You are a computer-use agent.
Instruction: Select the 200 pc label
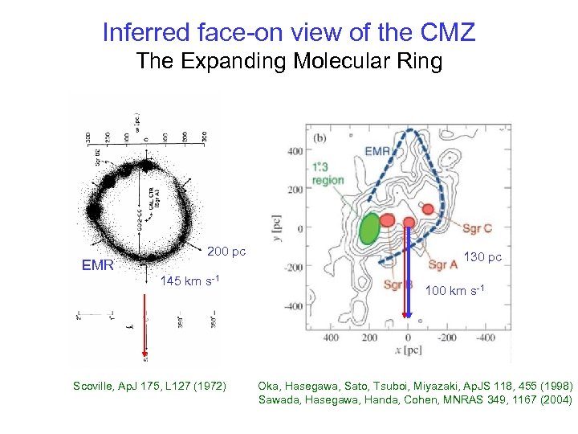pos(226,252)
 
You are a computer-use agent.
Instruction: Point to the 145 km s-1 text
pos(190,281)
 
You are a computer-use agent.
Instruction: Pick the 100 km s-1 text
pos(454,289)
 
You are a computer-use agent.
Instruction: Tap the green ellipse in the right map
pos(370,227)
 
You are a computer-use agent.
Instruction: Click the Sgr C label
pos(477,229)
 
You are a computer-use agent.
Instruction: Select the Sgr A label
pos(442,264)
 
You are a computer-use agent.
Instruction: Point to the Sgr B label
pos(397,285)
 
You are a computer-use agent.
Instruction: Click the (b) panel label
pos(319,137)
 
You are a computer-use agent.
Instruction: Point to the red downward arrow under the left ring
pos(145,321)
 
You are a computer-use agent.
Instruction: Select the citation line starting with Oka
pos(413,385)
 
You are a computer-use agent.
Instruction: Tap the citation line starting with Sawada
pos(415,399)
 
